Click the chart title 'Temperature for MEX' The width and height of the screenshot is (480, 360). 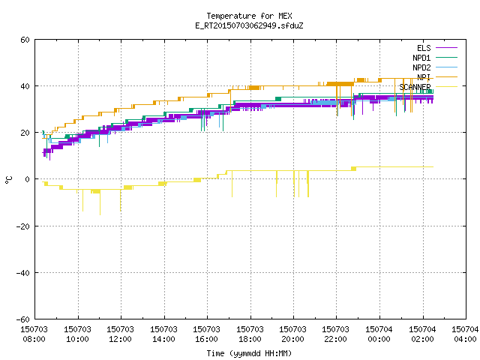click(249, 16)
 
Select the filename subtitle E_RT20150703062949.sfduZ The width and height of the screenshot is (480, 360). click(249, 25)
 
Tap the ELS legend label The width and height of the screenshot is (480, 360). click(424, 48)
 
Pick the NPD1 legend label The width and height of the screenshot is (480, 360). click(421, 58)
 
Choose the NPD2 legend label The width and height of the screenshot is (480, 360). click(421, 67)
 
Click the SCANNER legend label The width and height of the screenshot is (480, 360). click(415, 87)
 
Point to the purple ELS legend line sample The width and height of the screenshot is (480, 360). click(446, 48)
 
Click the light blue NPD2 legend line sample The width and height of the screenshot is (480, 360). click(446, 67)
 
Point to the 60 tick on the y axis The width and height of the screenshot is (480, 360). click(25, 40)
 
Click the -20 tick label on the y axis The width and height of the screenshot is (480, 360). click(23, 226)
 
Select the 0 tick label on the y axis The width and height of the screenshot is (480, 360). click(28, 179)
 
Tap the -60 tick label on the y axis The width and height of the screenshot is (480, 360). click(23, 319)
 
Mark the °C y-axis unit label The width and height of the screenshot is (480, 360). click(8, 180)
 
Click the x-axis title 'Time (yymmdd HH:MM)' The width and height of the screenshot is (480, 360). click(249, 353)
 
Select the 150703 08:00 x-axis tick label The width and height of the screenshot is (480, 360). click(34, 334)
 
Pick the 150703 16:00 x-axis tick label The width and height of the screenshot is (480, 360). click(206, 334)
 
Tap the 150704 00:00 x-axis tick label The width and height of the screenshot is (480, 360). click(379, 334)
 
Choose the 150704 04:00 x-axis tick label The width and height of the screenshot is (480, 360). click(465, 334)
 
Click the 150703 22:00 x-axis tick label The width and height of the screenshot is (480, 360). click(335, 334)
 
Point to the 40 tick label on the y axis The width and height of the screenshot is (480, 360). click(25, 86)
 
